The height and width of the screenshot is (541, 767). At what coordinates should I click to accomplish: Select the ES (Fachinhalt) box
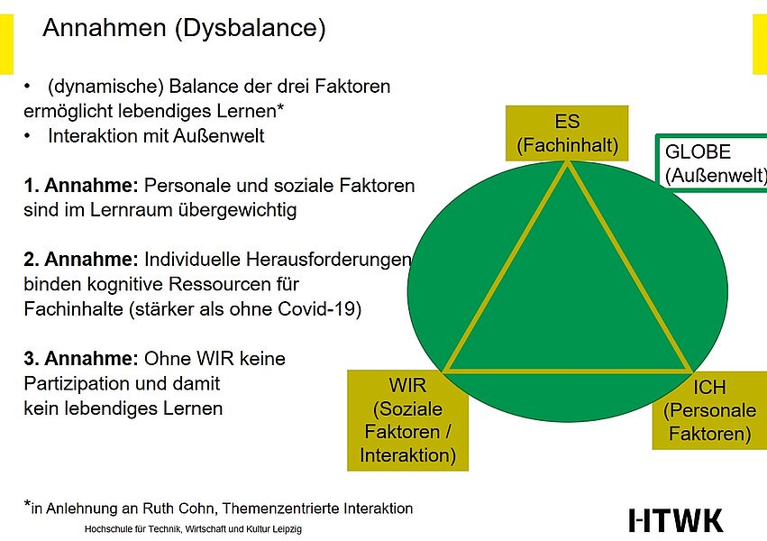pos(567,133)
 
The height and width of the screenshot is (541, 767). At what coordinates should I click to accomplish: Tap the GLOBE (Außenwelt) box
pos(712,163)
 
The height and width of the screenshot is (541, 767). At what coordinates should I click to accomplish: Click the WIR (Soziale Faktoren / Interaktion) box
pos(407,419)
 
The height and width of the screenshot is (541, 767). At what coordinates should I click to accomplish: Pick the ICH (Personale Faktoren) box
pos(709,410)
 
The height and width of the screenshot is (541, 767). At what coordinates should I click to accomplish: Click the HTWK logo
pos(676,520)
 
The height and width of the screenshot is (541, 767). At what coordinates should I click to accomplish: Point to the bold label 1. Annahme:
pos(81,186)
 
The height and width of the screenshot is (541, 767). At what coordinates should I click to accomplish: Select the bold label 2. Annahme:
pos(81,260)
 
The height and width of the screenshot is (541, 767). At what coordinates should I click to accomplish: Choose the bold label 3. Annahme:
pos(81,359)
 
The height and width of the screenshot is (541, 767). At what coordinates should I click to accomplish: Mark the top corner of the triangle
pos(568,162)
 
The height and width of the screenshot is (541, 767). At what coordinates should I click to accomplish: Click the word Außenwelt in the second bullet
pos(218,135)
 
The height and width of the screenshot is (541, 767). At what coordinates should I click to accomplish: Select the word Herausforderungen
pos(328,260)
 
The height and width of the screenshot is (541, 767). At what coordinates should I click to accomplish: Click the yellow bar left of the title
pos(6,44)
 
